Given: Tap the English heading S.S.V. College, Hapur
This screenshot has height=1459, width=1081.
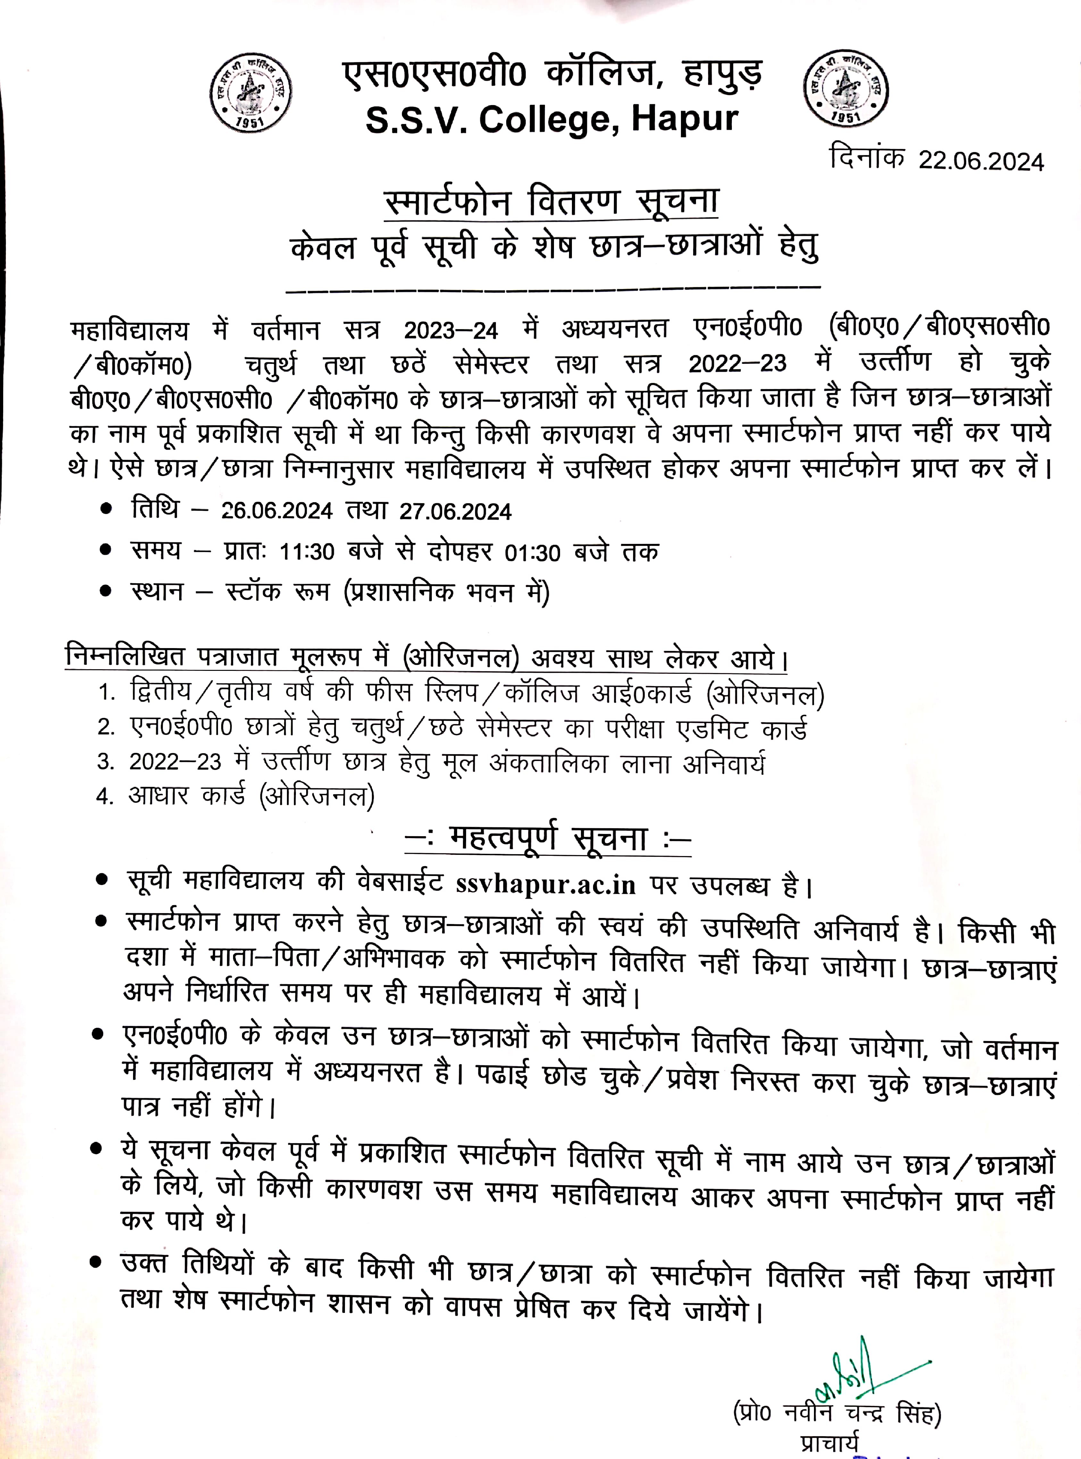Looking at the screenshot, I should pos(552,120).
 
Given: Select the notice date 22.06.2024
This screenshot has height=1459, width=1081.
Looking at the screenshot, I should pos(981,161).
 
